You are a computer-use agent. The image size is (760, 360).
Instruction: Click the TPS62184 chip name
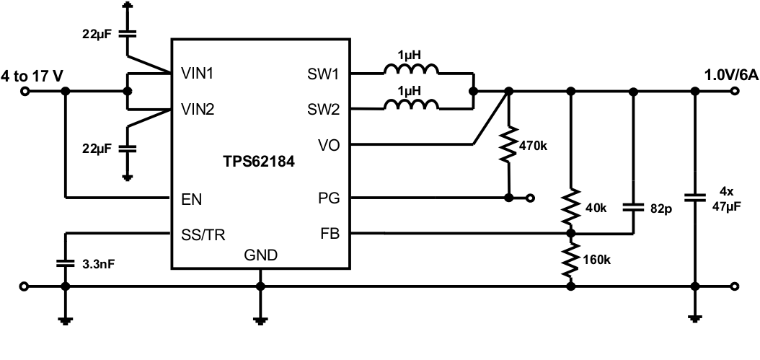coord(258,163)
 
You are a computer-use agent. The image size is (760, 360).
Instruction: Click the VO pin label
coord(333,145)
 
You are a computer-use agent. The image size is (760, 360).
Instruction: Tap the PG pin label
coord(332,197)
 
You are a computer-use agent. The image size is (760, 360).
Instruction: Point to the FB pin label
coord(333,234)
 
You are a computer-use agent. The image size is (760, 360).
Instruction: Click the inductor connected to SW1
coord(410,70)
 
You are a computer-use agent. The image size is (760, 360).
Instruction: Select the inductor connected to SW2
coord(410,106)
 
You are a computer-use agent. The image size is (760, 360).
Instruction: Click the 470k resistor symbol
coord(509,144)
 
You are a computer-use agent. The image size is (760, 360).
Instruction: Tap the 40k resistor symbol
coord(571,208)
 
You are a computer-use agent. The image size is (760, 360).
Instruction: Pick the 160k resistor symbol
coord(571,260)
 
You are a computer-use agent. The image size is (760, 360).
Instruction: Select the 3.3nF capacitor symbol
coord(66,264)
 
